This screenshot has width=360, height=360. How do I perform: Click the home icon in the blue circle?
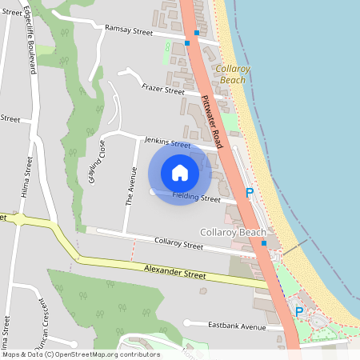180,173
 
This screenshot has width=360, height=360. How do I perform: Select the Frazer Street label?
162,90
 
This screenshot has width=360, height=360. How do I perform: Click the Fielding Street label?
198,197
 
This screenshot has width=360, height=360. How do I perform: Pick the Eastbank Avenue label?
236,326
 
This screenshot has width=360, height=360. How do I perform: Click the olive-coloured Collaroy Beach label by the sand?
233,75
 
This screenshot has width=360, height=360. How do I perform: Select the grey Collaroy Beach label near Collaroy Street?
232,232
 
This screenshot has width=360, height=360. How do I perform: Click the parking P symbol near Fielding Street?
249,193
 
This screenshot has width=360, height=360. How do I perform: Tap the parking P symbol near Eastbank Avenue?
299,311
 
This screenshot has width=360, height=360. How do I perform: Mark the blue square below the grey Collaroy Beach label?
264,242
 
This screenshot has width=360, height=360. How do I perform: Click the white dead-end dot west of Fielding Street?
152,192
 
